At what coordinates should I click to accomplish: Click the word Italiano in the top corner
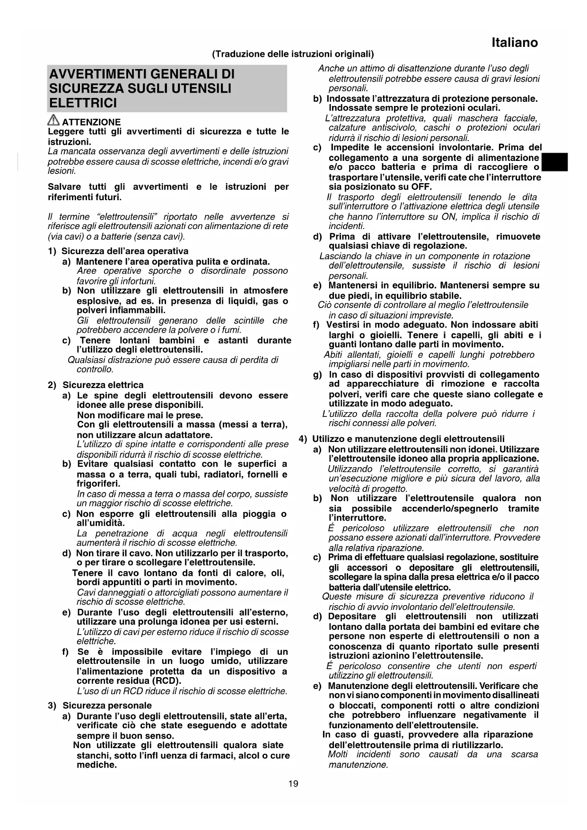(514, 43)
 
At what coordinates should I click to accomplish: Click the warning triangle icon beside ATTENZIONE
(53, 121)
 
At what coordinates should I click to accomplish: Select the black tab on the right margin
(555, 162)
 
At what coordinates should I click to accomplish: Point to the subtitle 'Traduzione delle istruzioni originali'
(293, 54)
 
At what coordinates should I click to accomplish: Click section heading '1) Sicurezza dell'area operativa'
(118, 251)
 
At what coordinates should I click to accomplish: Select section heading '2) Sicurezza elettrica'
(96, 385)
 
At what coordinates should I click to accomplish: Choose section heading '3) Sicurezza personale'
(100, 706)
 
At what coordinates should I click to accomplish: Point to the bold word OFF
(421, 187)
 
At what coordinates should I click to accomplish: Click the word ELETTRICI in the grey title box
(83, 103)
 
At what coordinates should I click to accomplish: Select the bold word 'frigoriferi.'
(98, 484)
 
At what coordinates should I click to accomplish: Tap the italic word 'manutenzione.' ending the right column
(358, 765)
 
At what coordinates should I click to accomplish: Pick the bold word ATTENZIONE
(91, 122)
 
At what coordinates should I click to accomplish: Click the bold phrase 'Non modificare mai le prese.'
(140, 415)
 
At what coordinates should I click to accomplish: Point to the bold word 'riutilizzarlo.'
(475, 745)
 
